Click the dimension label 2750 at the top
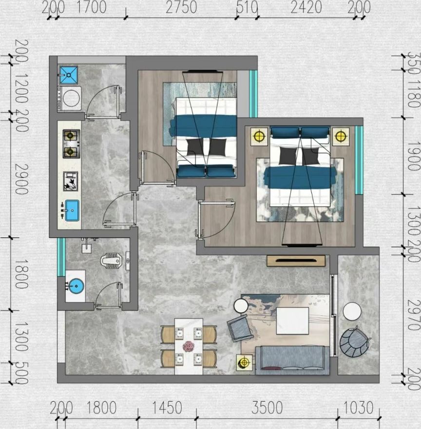(181, 7)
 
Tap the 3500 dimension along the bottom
(267, 408)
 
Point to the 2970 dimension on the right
(414, 315)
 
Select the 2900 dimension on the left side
(21, 179)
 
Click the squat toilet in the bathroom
(111, 261)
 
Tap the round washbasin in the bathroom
(76, 286)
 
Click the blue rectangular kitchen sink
(72, 210)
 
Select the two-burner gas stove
(72, 144)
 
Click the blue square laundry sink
(69, 75)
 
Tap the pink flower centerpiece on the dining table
(189, 346)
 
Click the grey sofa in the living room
(292, 360)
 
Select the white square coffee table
(292, 321)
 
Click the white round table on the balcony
(352, 311)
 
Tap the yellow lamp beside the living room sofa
(244, 363)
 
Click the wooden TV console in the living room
(296, 261)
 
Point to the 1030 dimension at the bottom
(358, 408)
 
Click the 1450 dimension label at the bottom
(167, 408)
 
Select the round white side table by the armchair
(241, 306)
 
